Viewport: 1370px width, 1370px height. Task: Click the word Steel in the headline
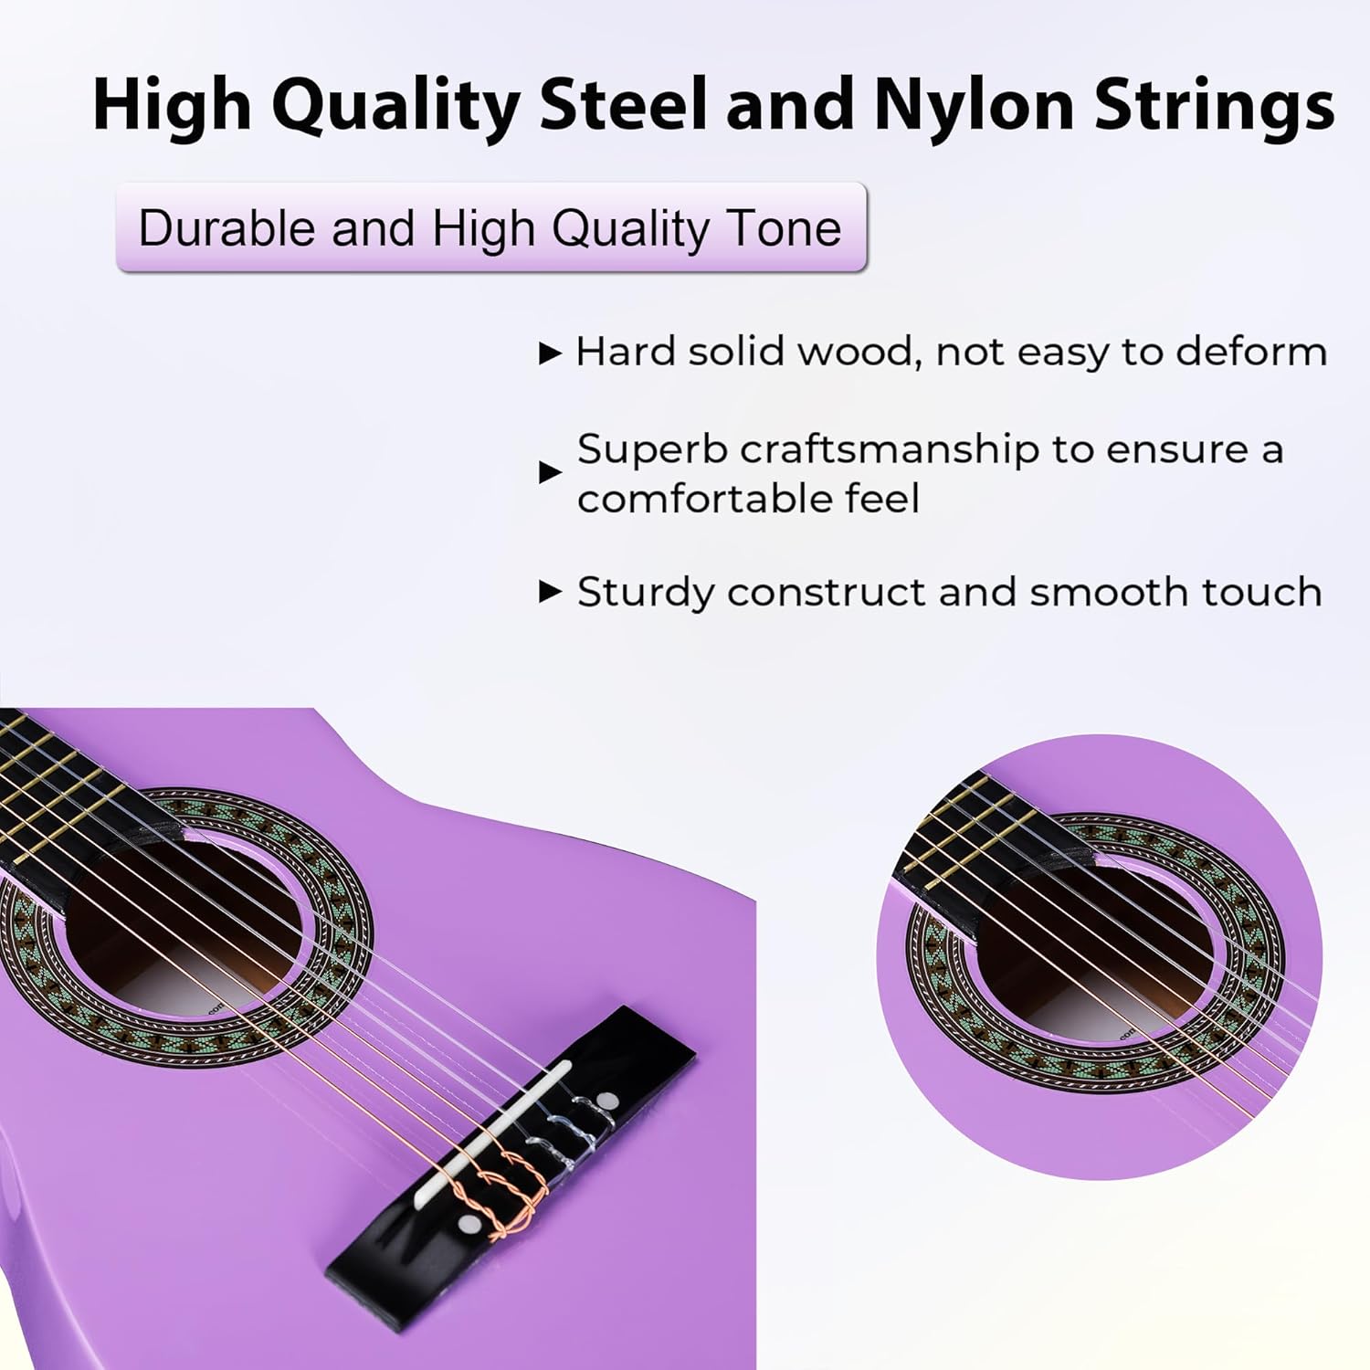623,103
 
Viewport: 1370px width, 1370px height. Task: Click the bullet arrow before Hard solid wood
550,353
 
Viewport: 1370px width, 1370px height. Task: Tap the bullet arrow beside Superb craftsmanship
550,472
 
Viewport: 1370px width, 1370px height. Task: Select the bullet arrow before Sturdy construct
550,592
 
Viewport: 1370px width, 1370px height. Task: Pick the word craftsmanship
890,449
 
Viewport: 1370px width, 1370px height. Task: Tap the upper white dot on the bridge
605,1098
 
